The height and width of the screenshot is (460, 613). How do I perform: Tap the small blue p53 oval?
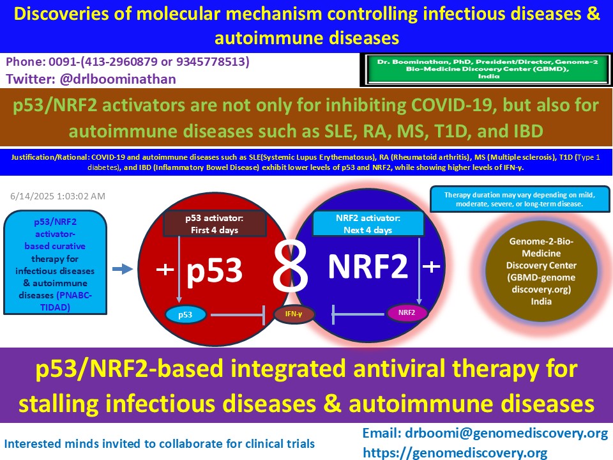pos(185,314)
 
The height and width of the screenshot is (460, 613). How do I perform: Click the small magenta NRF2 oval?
pos(406,312)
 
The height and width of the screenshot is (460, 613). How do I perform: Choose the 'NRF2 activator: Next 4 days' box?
pos(368,224)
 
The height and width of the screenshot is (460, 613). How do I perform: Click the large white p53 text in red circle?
pos(215,271)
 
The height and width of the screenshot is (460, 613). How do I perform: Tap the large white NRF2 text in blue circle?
pos(367,267)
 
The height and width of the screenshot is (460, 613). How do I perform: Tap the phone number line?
pos(128,63)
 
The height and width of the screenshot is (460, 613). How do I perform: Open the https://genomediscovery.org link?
pos(455,452)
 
